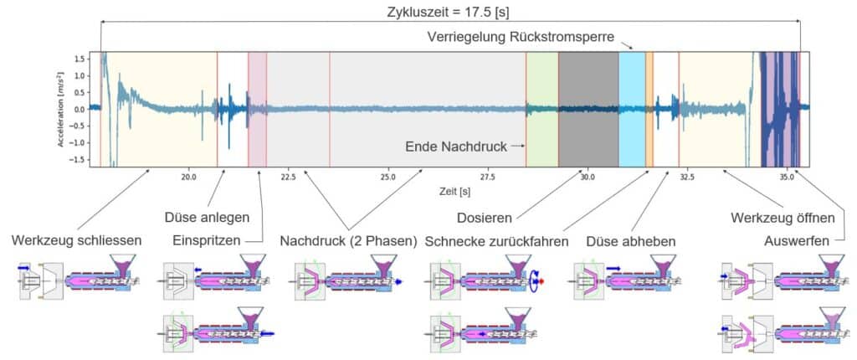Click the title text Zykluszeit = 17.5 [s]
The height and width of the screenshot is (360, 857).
click(x=449, y=12)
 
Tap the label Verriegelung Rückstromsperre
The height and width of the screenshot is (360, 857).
click(x=522, y=38)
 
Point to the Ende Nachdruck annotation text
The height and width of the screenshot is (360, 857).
click(x=456, y=147)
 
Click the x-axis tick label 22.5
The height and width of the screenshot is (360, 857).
click(x=288, y=177)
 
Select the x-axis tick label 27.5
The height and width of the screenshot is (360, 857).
click(x=487, y=177)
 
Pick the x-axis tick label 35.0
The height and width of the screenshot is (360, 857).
click(x=787, y=177)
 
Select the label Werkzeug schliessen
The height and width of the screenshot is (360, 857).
click(x=77, y=241)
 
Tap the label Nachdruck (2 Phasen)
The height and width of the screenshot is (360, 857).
click(x=348, y=241)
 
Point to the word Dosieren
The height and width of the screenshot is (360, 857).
click(x=485, y=218)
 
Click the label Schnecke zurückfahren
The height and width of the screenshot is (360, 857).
click(x=497, y=241)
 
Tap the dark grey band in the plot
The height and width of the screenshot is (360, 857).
click(x=588, y=109)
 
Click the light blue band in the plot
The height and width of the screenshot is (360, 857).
click(x=631, y=109)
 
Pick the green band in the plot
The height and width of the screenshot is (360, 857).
click(x=541, y=109)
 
